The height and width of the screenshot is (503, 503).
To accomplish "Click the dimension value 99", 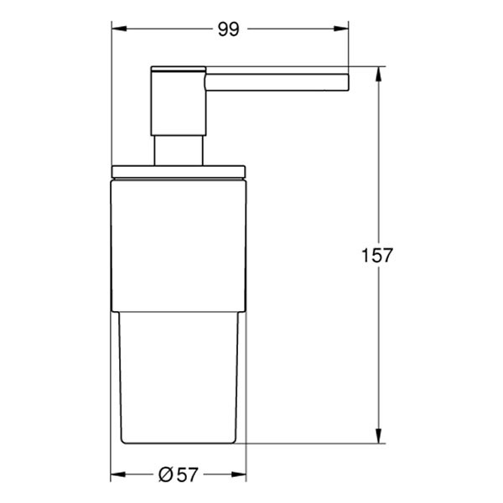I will coord(229,30).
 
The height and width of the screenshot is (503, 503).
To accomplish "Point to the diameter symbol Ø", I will coord(166,475).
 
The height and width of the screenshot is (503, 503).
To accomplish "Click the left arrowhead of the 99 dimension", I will coord(118,30).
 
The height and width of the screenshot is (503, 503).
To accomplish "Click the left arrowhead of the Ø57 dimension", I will coord(118,475).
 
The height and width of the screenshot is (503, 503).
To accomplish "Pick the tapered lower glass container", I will coord(178,377).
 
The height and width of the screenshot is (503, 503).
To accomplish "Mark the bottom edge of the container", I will coord(178,443).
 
